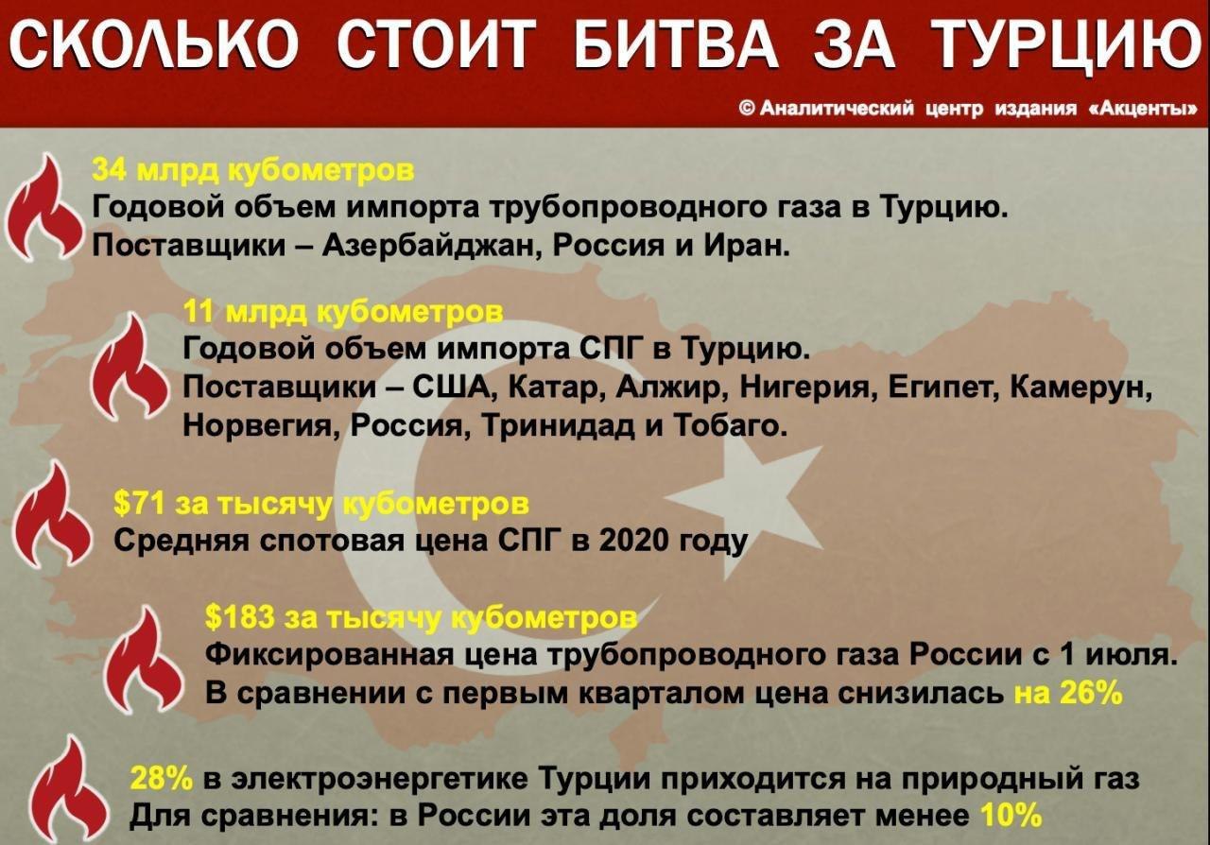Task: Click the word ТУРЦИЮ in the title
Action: (x=1064, y=44)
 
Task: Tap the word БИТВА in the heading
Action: (x=677, y=44)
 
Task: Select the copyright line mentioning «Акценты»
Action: (x=967, y=109)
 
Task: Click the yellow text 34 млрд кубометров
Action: (x=253, y=169)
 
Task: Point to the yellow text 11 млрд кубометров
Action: (x=343, y=312)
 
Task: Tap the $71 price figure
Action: (x=139, y=504)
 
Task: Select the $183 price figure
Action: (x=239, y=617)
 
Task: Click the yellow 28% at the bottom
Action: (x=161, y=779)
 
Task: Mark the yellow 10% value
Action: (x=1010, y=816)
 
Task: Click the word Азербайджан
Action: (x=428, y=247)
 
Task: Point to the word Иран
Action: (x=747, y=246)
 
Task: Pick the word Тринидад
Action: (x=558, y=425)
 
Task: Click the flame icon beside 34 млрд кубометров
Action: (x=44, y=208)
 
